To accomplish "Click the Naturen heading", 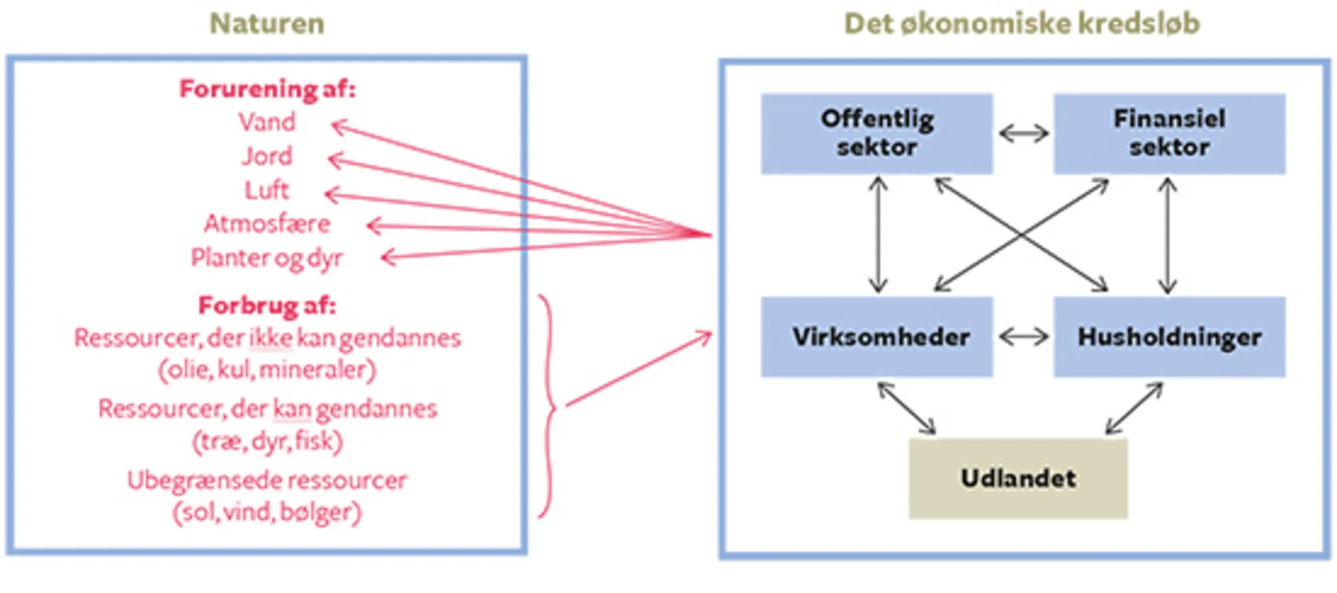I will (x=267, y=24).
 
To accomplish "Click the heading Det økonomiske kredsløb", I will (x=1021, y=24).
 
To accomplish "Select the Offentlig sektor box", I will (x=876, y=134).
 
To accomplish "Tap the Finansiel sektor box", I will (x=1169, y=134).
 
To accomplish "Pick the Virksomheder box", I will (x=876, y=336).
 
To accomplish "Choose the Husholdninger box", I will (x=1169, y=336).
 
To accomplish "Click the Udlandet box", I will (x=1018, y=478).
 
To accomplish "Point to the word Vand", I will (x=267, y=122).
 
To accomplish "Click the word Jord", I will (x=267, y=156).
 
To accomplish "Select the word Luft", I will (x=267, y=191).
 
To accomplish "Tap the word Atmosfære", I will (x=267, y=224).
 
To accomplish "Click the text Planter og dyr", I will (x=267, y=258).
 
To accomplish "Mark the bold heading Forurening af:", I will (x=267, y=89).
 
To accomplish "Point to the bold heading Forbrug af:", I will (x=267, y=306).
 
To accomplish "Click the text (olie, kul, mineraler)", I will (x=267, y=370).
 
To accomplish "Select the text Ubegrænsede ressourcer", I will (x=267, y=480).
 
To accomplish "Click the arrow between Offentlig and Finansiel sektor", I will (x=1023, y=134).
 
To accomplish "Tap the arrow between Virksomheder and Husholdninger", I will (x=1023, y=336).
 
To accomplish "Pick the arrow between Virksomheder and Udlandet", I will (x=906, y=408).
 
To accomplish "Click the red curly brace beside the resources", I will (x=549, y=406).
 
